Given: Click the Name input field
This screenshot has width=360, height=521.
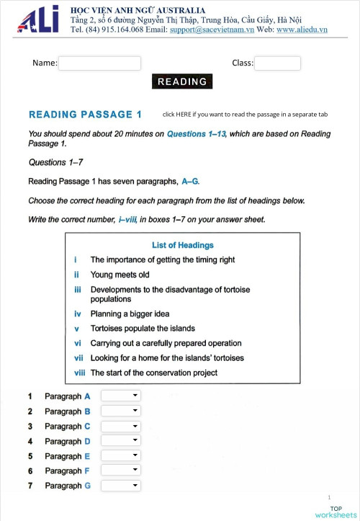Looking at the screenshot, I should tap(99, 63).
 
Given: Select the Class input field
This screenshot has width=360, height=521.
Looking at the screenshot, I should tap(277, 63).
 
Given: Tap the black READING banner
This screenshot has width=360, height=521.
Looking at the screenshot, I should tap(182, 81).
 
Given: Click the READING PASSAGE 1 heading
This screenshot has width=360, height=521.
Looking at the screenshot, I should tap(85, 115).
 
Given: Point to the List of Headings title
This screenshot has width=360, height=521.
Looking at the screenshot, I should tap(182, 245).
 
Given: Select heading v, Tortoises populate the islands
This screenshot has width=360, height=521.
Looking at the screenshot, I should tap(143, 329).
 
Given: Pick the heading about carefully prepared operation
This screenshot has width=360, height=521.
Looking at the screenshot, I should tap(166, 343).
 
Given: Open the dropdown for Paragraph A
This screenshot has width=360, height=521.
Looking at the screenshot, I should tap(121, 396).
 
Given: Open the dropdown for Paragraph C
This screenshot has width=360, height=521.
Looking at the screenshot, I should tap(121, 426).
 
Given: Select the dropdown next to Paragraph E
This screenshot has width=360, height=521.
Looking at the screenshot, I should tap(121, 456).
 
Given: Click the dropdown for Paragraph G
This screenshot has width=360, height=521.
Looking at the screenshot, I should tap(121, 486).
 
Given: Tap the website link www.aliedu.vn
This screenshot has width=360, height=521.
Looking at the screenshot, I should tap(302, 30).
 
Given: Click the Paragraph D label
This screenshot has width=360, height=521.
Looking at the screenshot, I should tap(68, 441).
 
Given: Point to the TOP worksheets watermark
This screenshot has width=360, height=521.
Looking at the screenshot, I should tap(335, 512).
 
